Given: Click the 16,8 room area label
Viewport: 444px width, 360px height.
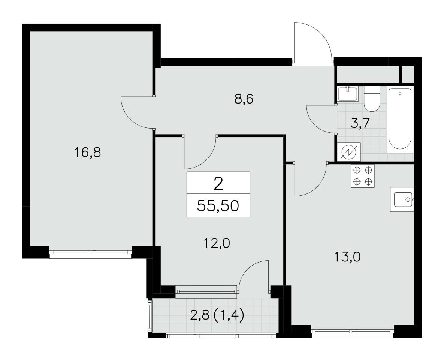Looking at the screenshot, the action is coord(87,153).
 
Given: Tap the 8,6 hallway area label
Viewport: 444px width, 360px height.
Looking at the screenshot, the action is coord(244,99).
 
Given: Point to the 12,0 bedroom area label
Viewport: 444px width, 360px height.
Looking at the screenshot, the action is coord(216,243).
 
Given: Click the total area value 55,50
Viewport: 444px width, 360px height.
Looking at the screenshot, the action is coord(218,206).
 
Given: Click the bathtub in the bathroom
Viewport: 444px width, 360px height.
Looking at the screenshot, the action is coord(400,119).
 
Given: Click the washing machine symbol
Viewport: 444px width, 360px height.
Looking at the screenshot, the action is coord(349,153).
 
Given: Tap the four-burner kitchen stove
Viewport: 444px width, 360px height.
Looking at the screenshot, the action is coord(363,176).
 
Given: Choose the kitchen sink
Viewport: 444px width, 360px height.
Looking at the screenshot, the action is coord(402,199).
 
